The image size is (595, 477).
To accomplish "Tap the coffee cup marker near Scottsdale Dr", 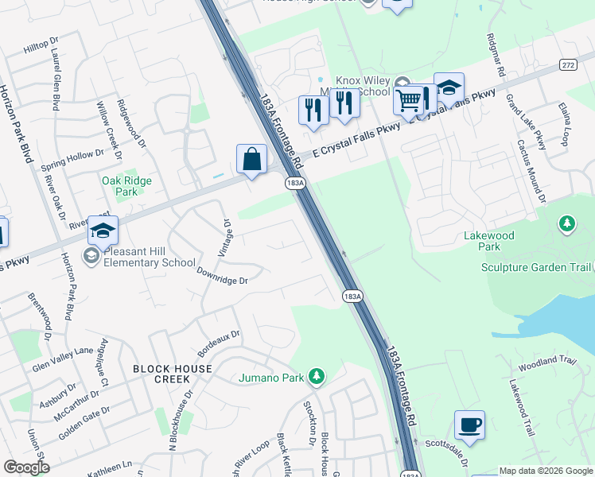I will coord(469,424).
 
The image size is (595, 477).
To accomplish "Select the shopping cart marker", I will coord(408,100).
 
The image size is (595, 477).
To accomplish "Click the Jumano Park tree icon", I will coord(317,375).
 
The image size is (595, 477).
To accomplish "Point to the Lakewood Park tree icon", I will coord(566,223).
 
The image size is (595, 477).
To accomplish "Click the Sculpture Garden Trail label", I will coord(537,267).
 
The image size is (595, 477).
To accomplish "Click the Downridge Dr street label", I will coord(223,276).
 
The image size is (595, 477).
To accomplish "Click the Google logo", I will coord(27,467).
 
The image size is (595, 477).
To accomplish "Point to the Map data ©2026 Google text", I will coord(545,471).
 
